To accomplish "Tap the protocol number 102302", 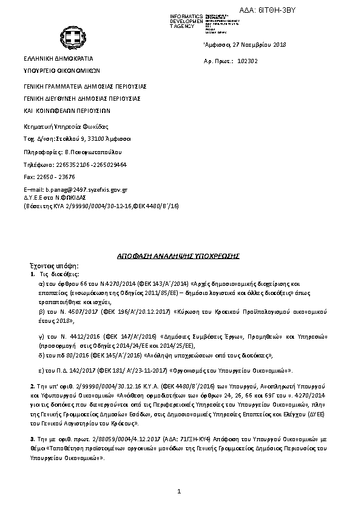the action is pyautogui.click(x=249, y=61).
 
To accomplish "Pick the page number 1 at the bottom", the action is pyautogui.click(x=180, y=490).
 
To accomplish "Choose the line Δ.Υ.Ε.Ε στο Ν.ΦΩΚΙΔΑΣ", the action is pyautogui.click(x=54, y=198).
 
